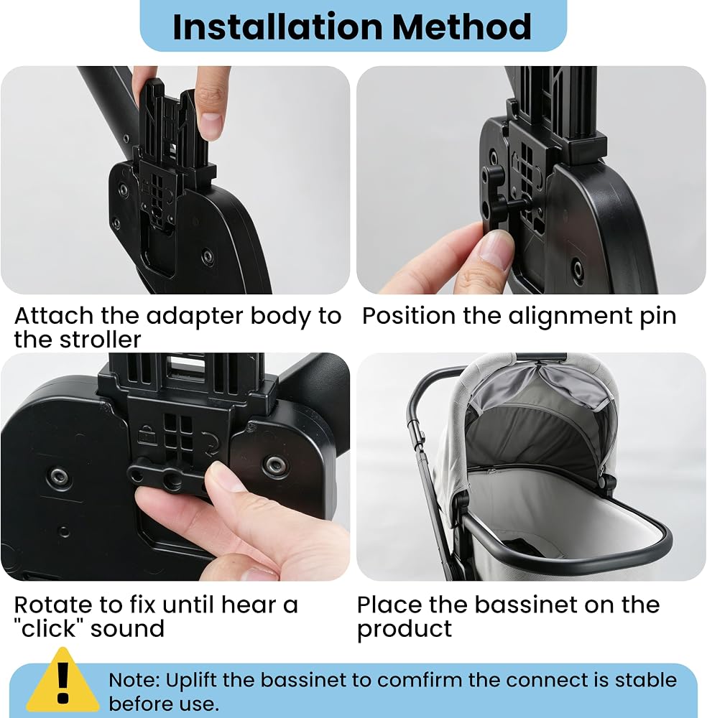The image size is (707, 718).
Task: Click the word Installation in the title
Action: pyautogui.click(x=277, y=27)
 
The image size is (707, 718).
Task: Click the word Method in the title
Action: pyautogui.click(x=462, y=27)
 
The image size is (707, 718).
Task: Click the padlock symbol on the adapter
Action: pyautogui.click(x=147, y=436)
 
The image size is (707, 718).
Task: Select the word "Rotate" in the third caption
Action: pyautogui.click(x=53, y=605)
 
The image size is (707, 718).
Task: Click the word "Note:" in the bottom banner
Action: pyautogui.click(x=134, y=681)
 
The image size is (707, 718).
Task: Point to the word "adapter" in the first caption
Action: pyautogui.click(x=194, y=317)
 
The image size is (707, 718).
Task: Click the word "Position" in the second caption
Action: pyautogui.click(x=409, y=316)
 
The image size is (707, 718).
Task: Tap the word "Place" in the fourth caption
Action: pyautogui.click(x=389, y=605)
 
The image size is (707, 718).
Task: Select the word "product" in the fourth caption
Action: pyautogui.click(x=404, y=629)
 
